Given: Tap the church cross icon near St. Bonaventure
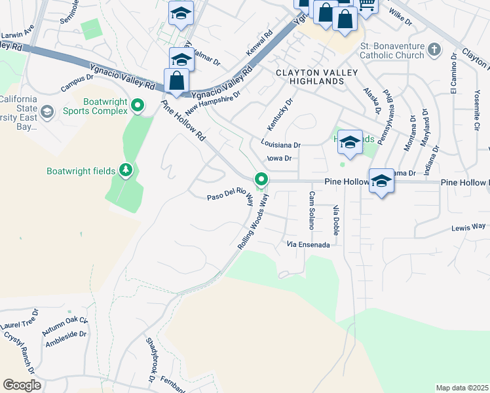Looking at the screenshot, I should pyautogui.click(x=434, y=49).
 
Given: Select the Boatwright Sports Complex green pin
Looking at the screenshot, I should pyautogui.click(x=138, y=105).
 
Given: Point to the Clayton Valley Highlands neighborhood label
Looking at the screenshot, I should pyautogui.click(x=310, y=77).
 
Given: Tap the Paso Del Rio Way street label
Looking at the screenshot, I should pyautogui.click(x=230, y=197).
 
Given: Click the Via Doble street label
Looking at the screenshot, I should pyautogui.click(x=336, y=220).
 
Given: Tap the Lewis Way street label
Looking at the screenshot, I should pyautogui.click(x=468, y=227).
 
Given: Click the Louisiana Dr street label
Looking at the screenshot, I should pyautogui.click(x=280, y=145).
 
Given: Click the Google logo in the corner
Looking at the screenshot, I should pyautogui.click(x=22, y=384).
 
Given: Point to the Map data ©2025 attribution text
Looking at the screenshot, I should pyautogui.click(x=462, y=388).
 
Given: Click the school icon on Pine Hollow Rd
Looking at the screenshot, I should pyautogui.click(x=381, y=181).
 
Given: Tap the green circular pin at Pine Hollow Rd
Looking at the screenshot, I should pyautogui.click(x=261, y=179).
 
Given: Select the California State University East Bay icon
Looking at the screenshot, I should pyautogui.click(x=47, y=112).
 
